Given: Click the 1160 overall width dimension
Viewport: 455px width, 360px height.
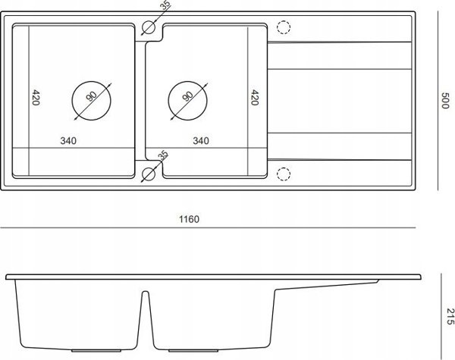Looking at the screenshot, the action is [189, 219].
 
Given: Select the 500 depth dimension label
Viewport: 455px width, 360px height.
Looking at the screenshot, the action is [445, 100].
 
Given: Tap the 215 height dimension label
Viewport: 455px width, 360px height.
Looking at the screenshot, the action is [450, 316].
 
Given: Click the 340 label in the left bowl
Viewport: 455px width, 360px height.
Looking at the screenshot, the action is [68, 141].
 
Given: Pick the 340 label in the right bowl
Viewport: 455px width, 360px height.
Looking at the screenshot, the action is [201, 141].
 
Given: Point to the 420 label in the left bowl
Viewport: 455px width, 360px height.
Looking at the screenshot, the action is [36, 98].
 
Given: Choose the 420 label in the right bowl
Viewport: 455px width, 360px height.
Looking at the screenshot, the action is [255, 98].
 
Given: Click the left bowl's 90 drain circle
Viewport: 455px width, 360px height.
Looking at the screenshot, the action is [92, 101].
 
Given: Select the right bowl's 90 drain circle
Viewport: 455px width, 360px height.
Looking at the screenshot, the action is [188, 101].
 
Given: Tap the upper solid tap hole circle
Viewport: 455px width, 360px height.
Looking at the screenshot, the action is [149, 28].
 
